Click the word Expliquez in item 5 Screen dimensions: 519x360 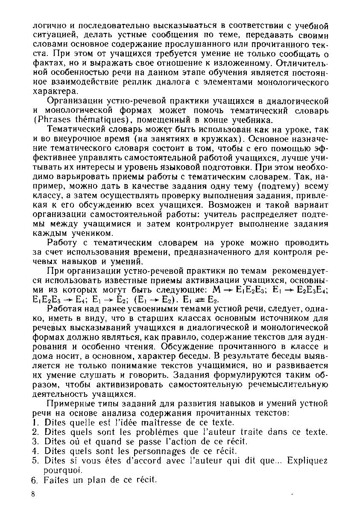pyautogui.click(x=307, y=460)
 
